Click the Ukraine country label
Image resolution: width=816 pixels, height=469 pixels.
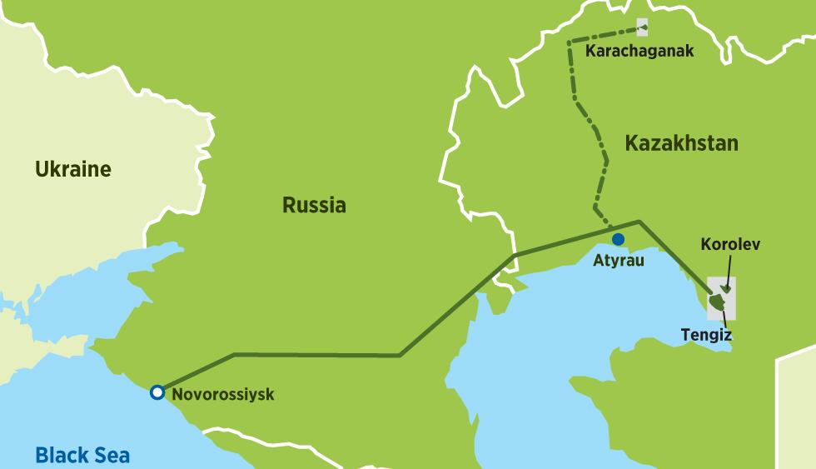point(72,170)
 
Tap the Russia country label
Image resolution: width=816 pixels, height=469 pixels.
point(314,205)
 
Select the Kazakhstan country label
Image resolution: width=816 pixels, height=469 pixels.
point(681,142)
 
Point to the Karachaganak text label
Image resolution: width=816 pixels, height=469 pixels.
point(639,52)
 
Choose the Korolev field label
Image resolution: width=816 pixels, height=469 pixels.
point(730,245)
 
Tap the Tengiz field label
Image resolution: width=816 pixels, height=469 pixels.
point(706,335)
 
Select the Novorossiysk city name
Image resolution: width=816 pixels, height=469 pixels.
point(222,394)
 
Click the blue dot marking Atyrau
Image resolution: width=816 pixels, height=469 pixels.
point(619,239)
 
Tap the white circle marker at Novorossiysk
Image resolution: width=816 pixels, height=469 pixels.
point(157,392)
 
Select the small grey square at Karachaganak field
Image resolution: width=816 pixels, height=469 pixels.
point(642,28)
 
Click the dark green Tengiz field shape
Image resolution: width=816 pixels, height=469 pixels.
point(716,301)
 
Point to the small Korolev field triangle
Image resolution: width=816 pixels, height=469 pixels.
point(726,288)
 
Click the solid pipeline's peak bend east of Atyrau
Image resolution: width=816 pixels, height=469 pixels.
point(639,222)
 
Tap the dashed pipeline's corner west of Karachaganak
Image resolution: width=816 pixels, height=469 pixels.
point(570,42)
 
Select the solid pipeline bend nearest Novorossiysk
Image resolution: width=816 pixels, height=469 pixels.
point(234,355)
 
